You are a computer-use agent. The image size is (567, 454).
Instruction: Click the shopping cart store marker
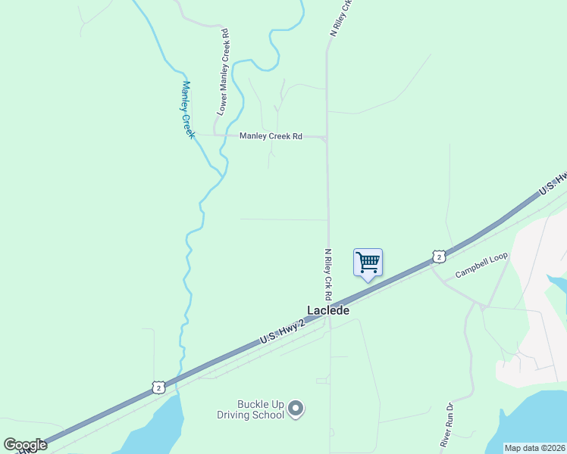(x=368, y=263)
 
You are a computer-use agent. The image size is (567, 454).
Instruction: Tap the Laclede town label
(x=328, y=310)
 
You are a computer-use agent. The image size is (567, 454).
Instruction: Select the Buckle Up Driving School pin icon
(x=296, y=409)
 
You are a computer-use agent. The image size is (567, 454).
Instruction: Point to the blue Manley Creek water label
(x=188, y=109)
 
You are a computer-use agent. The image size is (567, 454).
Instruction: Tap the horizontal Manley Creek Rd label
(x=271, y=136)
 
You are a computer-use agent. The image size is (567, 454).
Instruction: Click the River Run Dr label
(x=446, y=424)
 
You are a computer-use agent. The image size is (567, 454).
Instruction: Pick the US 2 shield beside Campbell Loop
(x=438, y=257)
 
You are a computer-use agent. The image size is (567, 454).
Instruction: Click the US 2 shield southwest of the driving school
(x=158, y=387)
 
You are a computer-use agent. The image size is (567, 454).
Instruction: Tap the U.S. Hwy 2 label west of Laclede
(x=282, y=333)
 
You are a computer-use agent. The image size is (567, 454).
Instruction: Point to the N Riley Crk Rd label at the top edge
(x=342, y=17)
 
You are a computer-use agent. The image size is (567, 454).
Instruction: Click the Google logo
(x=25, y=445)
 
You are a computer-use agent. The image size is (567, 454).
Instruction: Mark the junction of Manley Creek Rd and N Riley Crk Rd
(x=327, y=138)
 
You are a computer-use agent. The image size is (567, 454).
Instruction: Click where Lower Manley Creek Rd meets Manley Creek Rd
(x=215, y=135)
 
